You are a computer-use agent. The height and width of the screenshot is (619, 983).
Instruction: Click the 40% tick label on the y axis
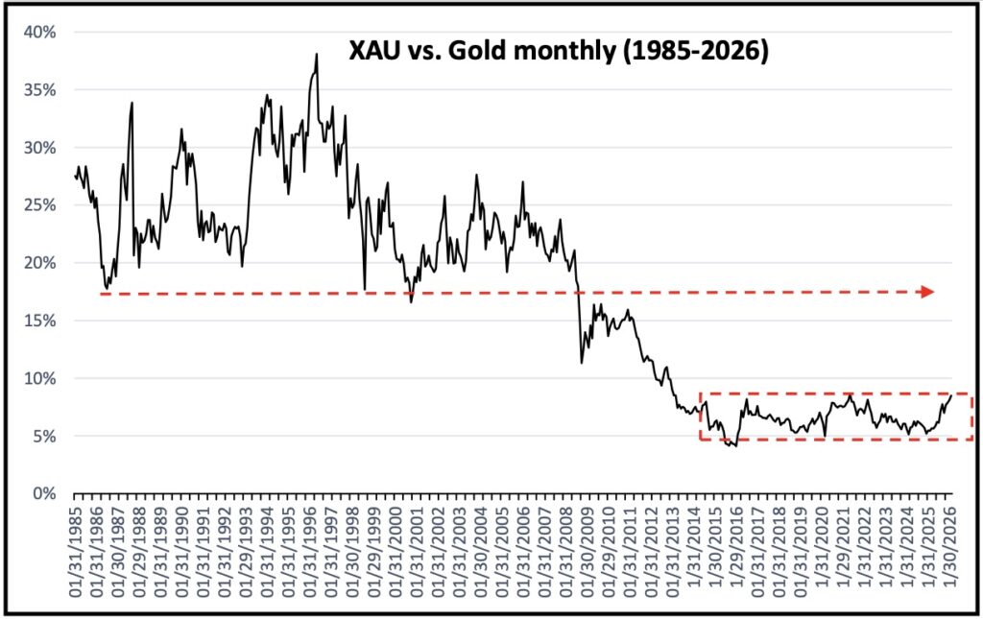point(40,33)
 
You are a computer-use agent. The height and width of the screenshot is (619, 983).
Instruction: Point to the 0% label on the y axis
point(44,493)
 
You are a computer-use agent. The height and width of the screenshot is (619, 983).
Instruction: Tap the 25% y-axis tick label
point(40,205)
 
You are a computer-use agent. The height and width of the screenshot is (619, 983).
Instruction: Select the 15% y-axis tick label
point(40,321)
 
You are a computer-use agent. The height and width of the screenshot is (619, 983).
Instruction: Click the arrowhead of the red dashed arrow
point(927,292)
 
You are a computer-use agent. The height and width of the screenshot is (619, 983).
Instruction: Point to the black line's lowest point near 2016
point(735,446)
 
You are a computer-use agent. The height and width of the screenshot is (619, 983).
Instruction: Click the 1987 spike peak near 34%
point(132,103)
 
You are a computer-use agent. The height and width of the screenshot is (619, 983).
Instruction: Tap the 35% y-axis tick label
point(40,90)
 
